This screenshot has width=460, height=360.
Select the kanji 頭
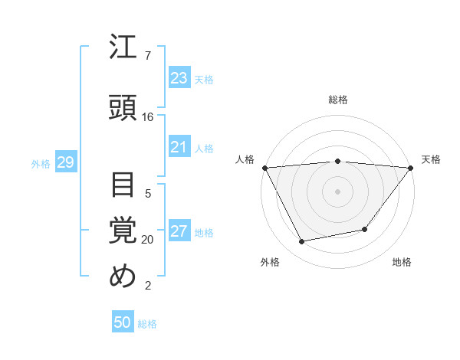coord(123,106)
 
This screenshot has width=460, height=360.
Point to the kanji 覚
coord(123,230)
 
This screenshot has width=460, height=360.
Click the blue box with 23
coord(179,78)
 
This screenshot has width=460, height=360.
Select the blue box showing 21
coord(179,147)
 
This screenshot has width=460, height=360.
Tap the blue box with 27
coord(179,232)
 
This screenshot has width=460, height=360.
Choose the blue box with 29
coord(65,162)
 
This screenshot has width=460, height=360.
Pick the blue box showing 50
coord(123,322)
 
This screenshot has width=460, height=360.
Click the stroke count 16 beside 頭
coord(148,117)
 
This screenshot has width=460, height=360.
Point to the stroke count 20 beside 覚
coord(148,240)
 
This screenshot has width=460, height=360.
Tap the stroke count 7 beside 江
coord(147,56)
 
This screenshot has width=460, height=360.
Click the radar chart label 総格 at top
coord(337,100)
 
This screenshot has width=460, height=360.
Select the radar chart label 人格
coord(245,159)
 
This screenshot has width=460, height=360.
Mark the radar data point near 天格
coord(411,167)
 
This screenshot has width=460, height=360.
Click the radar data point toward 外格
coord(302,242)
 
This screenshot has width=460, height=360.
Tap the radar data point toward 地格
coord(365,229)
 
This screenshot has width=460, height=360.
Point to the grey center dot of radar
coord(337,191)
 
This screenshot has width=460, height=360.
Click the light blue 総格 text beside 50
coord(147,324)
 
